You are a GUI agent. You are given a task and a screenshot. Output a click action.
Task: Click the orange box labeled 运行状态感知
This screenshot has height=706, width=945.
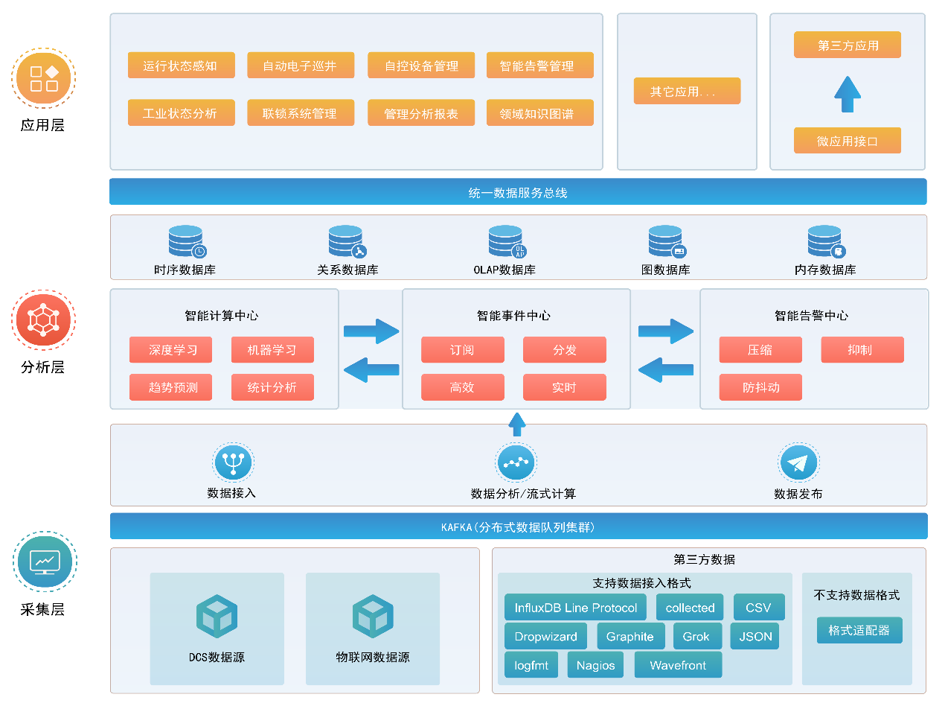coord(180,66)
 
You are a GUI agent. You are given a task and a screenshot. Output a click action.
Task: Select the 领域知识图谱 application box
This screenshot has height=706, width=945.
coord(539,113)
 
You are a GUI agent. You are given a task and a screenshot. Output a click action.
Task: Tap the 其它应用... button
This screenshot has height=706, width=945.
coord(687,91)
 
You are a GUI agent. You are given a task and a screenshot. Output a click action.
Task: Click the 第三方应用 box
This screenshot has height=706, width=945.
coord(848,45)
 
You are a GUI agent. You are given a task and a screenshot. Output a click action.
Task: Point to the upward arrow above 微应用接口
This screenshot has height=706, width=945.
coord(848,94)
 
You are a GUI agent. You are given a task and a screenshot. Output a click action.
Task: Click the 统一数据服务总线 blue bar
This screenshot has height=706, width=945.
coord(518,192)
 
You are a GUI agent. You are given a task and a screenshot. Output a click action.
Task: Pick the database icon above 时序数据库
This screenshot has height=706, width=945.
coord(186,241)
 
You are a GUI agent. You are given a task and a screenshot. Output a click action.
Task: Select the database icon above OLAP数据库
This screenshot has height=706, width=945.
coord(506,241)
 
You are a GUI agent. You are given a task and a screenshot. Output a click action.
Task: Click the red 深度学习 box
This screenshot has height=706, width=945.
coord(170,350)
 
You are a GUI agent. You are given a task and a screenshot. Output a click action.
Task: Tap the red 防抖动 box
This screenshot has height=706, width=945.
coord(760,387)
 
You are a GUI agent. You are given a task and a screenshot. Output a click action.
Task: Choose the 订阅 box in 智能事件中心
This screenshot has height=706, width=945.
coord(462,350)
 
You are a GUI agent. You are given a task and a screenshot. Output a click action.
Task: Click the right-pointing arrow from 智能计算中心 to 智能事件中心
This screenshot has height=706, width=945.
coord(371,331)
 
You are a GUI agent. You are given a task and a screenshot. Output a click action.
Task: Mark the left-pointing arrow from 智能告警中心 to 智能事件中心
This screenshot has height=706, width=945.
coord(666,369)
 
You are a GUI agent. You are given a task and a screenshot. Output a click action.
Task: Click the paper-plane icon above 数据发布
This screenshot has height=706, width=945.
coord(798,463)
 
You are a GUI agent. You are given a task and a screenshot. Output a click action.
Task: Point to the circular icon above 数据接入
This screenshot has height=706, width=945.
coord(233,462)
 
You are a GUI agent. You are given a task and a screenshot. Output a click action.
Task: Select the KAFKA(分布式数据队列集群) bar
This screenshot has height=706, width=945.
coord(518,527)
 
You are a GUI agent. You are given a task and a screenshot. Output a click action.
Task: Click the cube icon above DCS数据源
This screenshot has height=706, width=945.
coord(217,617)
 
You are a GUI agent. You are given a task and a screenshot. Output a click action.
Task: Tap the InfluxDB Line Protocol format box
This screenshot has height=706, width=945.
coord(575,608)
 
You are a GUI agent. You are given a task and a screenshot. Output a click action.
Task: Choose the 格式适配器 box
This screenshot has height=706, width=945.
coord(859,630)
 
